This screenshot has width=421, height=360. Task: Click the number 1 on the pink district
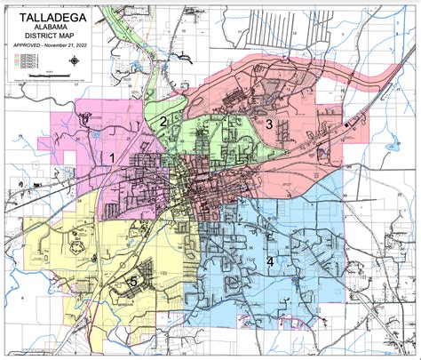coord(112,157)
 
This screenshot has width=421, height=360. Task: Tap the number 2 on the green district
coord(163,122)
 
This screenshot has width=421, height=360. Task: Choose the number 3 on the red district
coord(268,124)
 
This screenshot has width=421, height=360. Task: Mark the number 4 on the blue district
coord(270,261)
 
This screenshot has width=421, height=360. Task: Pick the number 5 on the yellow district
coord(133,282)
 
